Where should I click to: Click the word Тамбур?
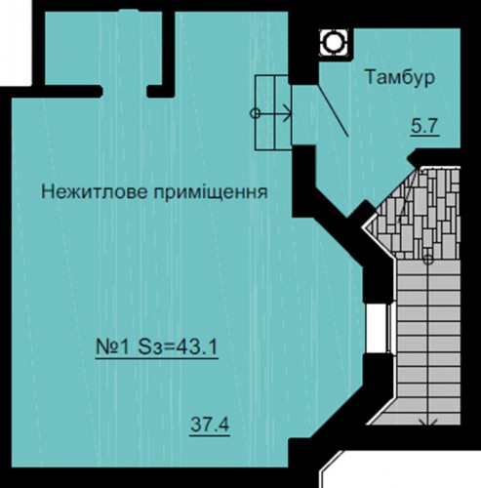[x=400, y=78]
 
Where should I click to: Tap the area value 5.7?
[x=425, y=126]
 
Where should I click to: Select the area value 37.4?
[x=210, y=425]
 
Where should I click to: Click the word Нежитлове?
[x=95, y=192]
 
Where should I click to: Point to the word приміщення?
[x=211, y=192]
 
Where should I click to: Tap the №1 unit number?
[x=111, y=347]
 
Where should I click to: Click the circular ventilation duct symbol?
[x=334, y=42]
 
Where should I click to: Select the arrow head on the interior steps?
[x=288, y=113]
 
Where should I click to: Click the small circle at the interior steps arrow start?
[x=255, y=113]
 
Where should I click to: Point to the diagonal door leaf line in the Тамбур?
[x=333, y=110]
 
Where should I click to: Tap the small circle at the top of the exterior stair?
[x=428, y=260]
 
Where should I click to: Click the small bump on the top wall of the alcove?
[x=129, y=11]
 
